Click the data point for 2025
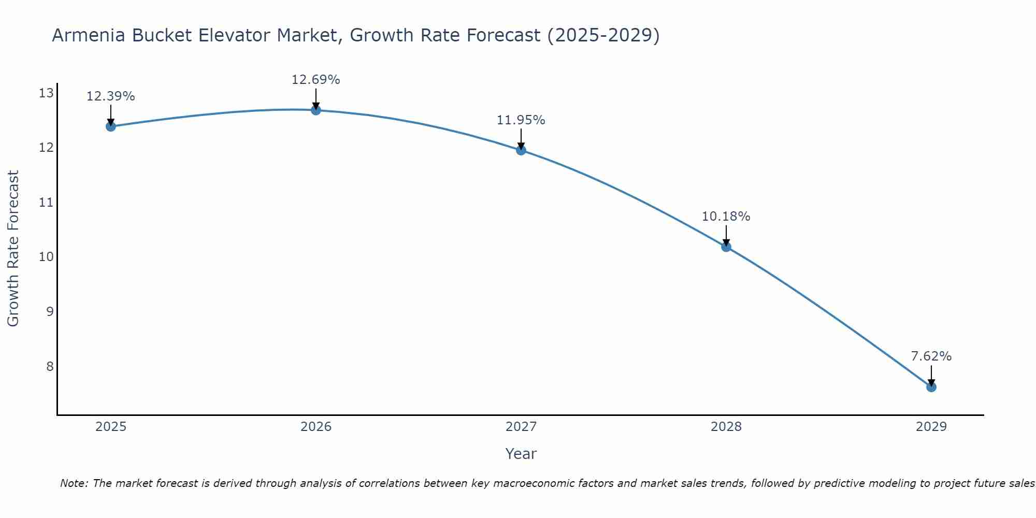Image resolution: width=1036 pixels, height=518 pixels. tap(110, 126)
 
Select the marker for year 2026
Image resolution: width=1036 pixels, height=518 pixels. tap(316, 110)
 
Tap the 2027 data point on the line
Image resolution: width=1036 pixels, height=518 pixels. tap(521, 150)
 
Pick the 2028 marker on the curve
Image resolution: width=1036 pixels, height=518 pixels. tap(726, 247)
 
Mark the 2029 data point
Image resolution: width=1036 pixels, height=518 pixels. tap(931, 387)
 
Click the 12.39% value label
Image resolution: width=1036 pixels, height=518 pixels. tap(110, 96)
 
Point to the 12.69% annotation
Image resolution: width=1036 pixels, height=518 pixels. tap(316, 80)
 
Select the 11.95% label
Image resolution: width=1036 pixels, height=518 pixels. tap(521, 120)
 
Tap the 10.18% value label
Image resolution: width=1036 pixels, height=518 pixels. tap(726, 217)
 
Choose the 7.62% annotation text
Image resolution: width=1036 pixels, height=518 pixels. tap(931, 356)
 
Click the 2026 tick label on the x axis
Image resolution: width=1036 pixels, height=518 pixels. tap(316, 427)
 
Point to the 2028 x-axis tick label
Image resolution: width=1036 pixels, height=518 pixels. tap(726, 427)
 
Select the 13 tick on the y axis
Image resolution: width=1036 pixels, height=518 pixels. tap(47, 93)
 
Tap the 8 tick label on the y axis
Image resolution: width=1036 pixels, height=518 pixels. tap(50, 367)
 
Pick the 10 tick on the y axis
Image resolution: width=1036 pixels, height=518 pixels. tap(47, 257)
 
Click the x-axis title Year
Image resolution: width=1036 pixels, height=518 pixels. tap(521, 454)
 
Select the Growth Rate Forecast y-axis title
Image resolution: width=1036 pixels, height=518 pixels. tap(13, 249)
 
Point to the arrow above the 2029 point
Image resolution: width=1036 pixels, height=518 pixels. tap(931, 374)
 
